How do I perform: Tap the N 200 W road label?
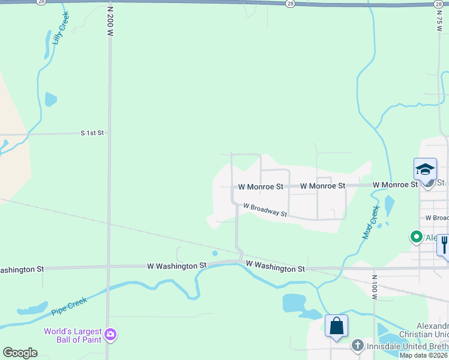coord(110,22)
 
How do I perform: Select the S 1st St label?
coord(92,133)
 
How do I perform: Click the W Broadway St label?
coord(265,211)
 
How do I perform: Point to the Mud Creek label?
coord(371,222)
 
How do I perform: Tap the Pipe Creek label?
coord(69,305)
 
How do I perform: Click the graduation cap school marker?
coord(425,169)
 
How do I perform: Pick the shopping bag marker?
coord(337,326)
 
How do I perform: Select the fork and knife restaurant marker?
coord(444,244)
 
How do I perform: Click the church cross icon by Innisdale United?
coord(357,345)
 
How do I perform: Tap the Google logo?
coord(20,353)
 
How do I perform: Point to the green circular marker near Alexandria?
coord(415,237)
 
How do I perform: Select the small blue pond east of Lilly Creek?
coord(50,99)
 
